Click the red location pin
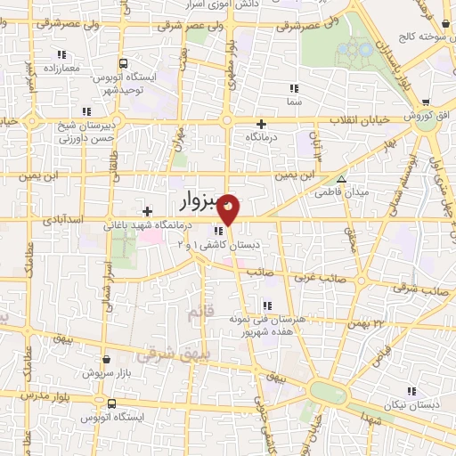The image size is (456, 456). point(229,208)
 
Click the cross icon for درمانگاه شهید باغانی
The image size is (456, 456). point(148,210)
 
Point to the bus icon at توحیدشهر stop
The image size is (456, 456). point(123,63)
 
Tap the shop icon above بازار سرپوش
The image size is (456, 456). point(107,360)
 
